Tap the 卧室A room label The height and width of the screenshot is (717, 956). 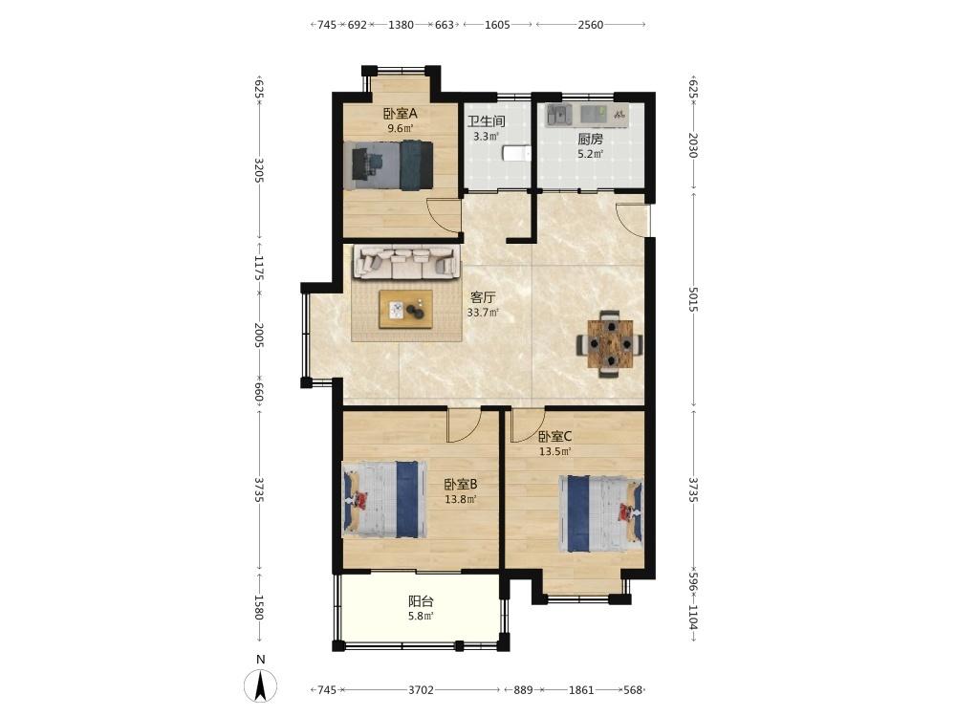click(x=400, y=114)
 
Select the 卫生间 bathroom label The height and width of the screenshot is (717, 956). click(x=486, y=121)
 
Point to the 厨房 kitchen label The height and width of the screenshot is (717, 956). click(x=590, y=139)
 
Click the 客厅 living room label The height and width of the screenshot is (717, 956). click(x=483, y=297)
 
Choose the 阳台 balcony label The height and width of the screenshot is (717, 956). click(x=421, y=601)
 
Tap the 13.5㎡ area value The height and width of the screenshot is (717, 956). click(x=554, y=452)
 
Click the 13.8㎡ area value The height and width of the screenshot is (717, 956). click(x=461, y=499)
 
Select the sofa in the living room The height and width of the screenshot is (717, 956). click(x=406, y=262)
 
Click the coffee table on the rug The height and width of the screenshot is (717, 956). click(x=406, y=309)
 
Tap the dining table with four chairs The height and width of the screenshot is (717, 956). click(x=610, y=344)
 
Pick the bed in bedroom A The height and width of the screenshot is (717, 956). click(x=388, y=165)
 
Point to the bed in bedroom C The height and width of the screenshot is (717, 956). click(x=600, y=512)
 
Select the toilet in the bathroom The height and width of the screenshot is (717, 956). click(x=516, y=153)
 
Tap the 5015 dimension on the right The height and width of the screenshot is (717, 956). click(x=692, y=299)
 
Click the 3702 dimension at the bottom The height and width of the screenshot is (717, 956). click(x=421, y=689)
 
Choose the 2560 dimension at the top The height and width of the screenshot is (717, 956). click(x=590, y=25)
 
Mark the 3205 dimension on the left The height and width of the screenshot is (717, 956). click(x=258, y=171)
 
